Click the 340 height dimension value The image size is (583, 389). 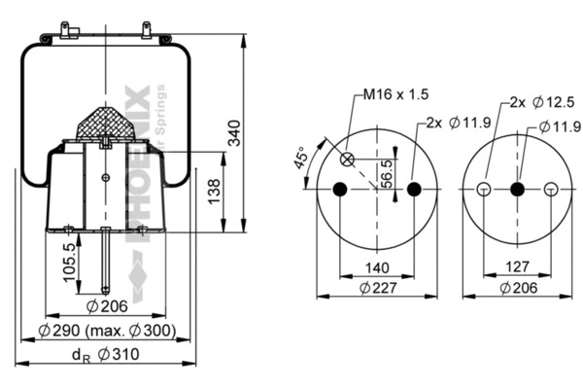(x=234, y=142)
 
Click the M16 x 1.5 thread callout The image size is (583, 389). (x=395, y=94)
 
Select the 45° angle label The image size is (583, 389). (x=302, y=156)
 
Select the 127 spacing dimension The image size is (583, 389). (x=517, y=265)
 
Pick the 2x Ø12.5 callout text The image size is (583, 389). (x=533, y=102)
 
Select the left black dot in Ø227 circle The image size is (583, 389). (x=339, y=188)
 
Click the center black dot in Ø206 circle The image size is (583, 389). (x=517, y=189)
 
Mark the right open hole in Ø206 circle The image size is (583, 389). (x=551, y=189)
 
